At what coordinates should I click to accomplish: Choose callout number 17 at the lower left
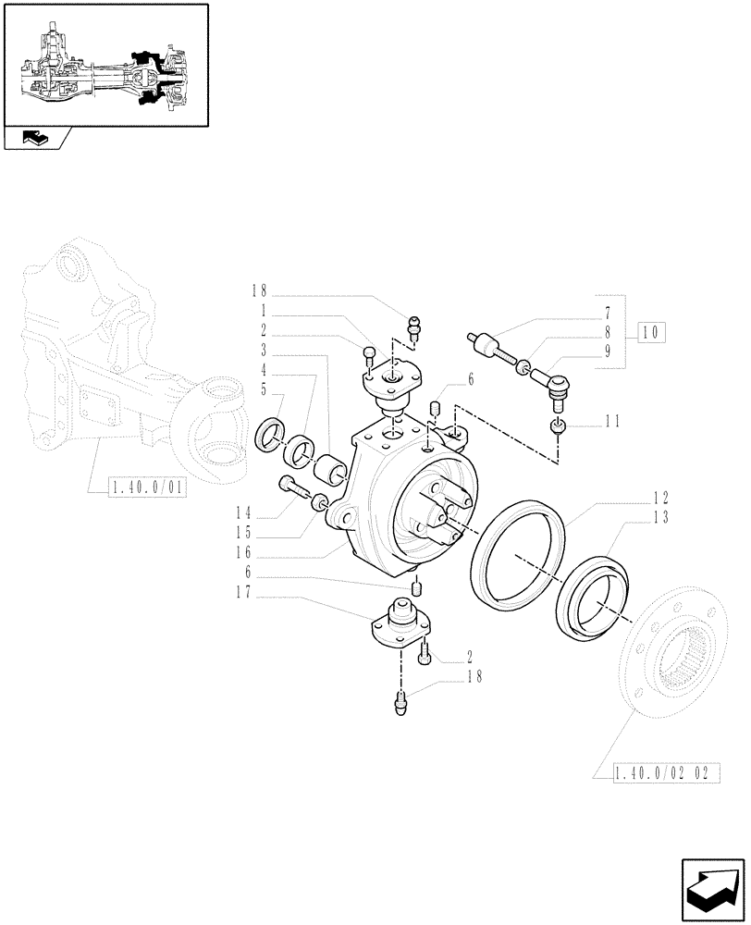point(244,598)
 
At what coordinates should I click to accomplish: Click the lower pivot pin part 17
point(400,624)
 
